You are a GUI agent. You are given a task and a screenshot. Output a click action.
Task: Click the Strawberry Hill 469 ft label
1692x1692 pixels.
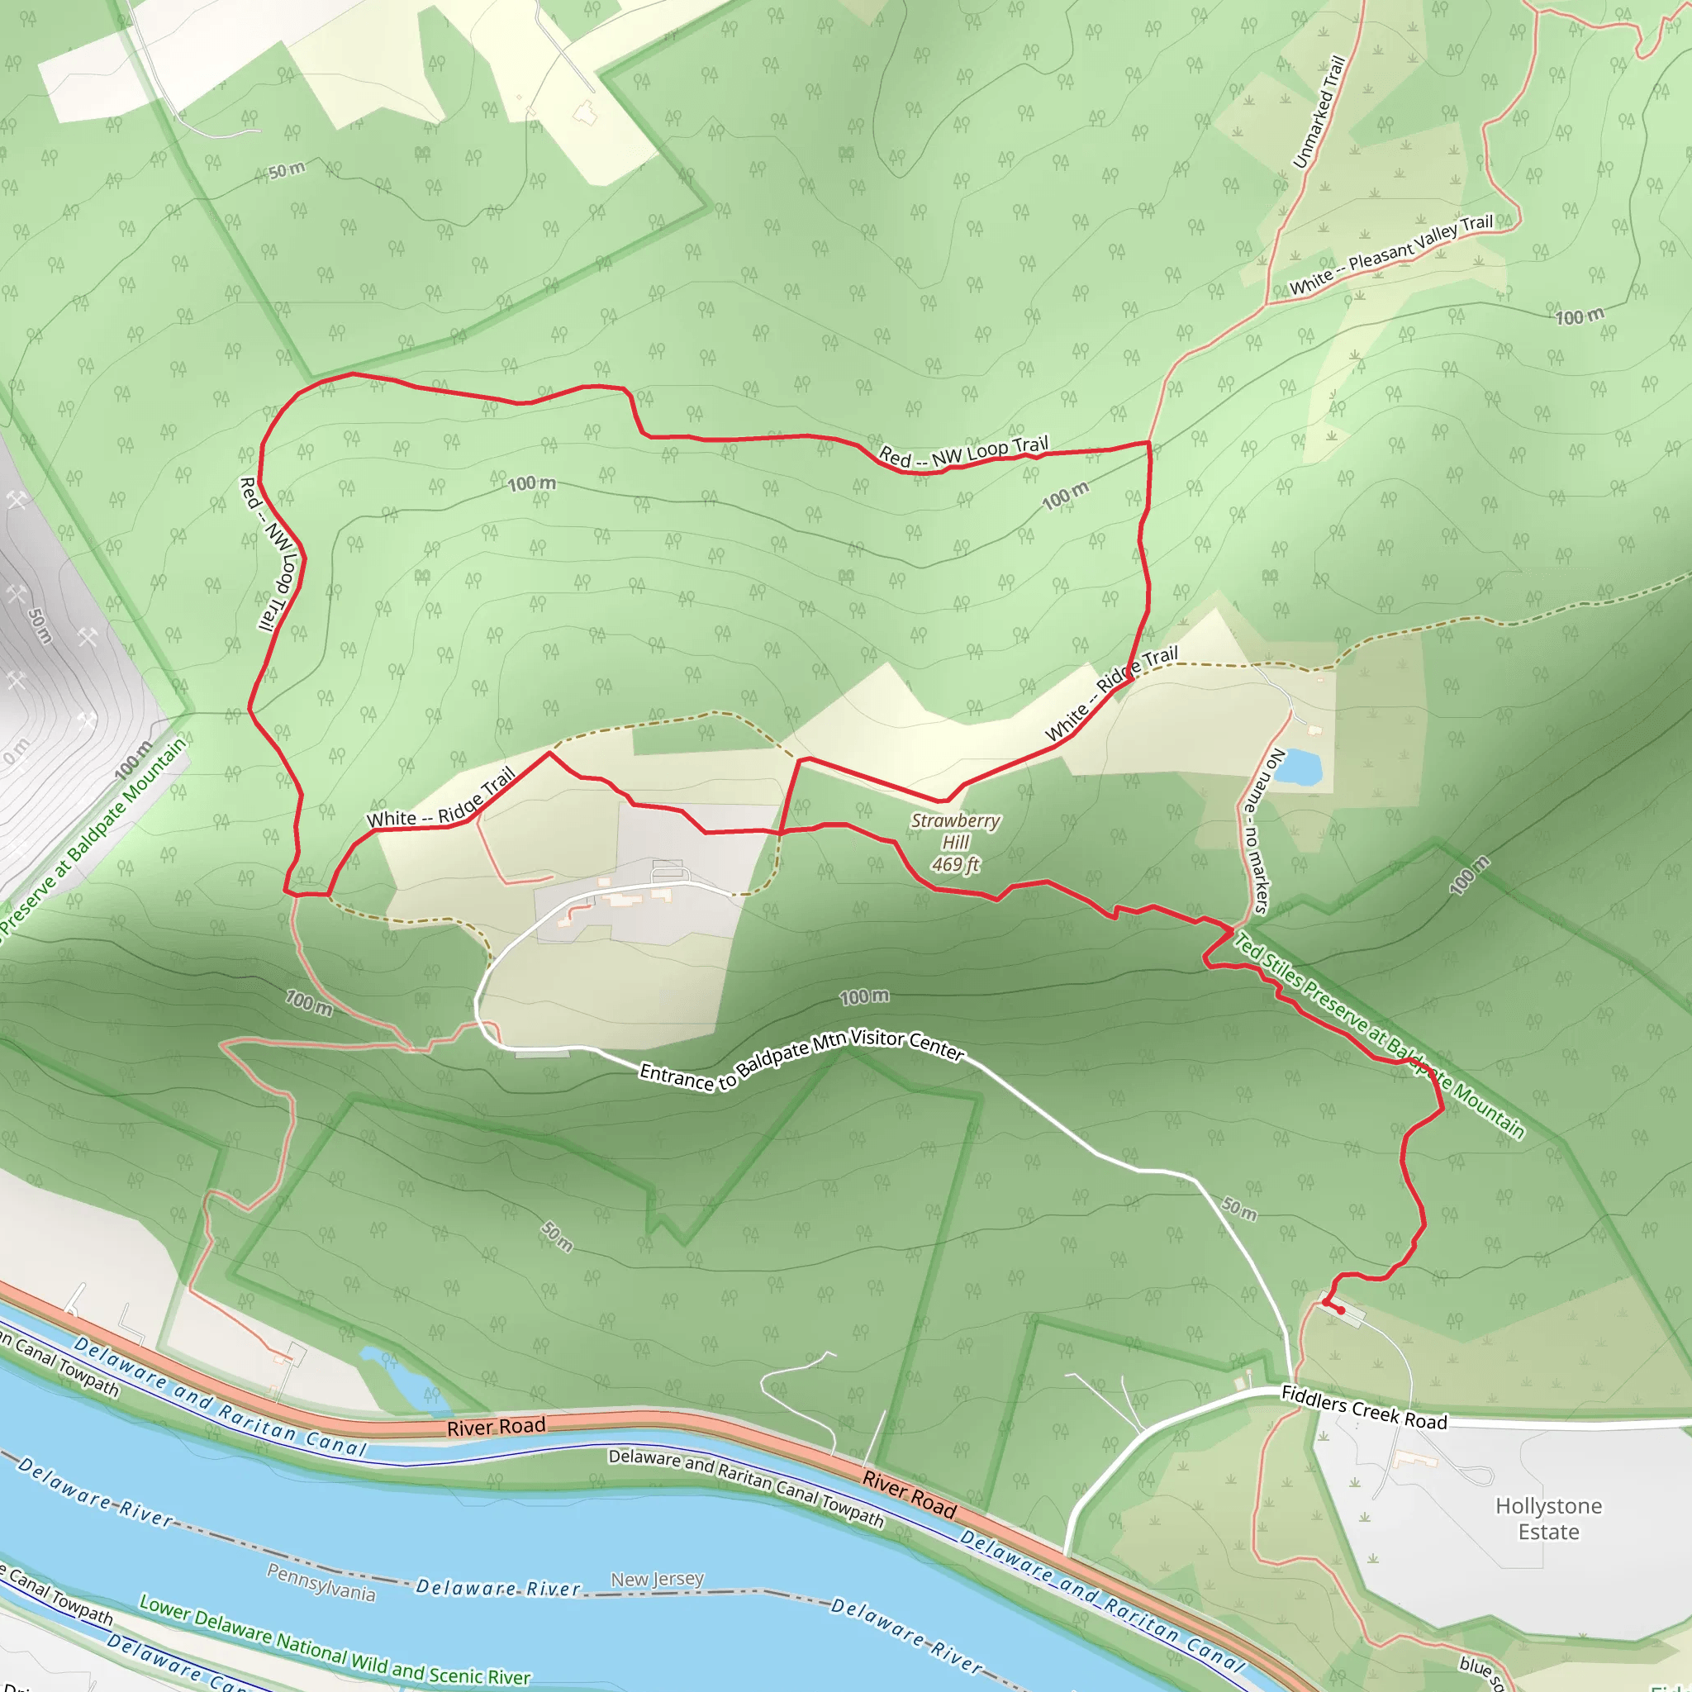pyautogui.click(x=956, y=843)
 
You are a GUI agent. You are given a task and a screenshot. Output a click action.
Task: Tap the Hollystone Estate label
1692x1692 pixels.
pyautogui.click(x=1548, y=1519)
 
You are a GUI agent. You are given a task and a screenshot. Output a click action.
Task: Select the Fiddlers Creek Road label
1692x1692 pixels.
pyautogui.click(x=1363, y=1407)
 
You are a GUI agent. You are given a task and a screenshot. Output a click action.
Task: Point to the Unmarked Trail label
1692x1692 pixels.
pyautogui.click(x=1318, y=112)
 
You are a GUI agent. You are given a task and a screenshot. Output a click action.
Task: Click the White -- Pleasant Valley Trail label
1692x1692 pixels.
pyautogui.click(x=1390, y=254)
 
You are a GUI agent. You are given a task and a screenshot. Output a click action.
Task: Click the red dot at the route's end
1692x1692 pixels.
pyautogui.click(x=1341, y=1310)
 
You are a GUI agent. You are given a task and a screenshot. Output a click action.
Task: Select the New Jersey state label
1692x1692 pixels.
pyautogui.click(x=657, y=1579)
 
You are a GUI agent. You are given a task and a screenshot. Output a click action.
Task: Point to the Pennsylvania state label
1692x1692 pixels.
pyautogui.click(x=321, y=1582)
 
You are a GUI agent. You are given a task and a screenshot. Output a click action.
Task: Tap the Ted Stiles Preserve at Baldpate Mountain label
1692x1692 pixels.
pyautogui.click(x=1379, y=1035)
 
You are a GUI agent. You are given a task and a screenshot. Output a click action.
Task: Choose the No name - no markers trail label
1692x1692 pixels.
pyautogui.click(x=1259, y=831)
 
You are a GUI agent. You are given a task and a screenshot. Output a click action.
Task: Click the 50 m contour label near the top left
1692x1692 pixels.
pyautogui.click(x=287, y=170)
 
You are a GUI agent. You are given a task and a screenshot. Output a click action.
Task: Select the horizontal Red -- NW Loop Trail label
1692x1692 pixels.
pyautogui.click(x=963, y=452)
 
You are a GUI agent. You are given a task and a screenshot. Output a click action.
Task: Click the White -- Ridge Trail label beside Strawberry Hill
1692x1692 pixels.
pyautogui.click(x=1111, y=694)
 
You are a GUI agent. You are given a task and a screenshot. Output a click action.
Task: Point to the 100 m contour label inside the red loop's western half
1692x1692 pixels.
pyautogui.click(x=531, y=483)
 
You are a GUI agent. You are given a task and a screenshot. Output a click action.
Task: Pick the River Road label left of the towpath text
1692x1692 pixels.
pyautogui.click(x=496, y=1427)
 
